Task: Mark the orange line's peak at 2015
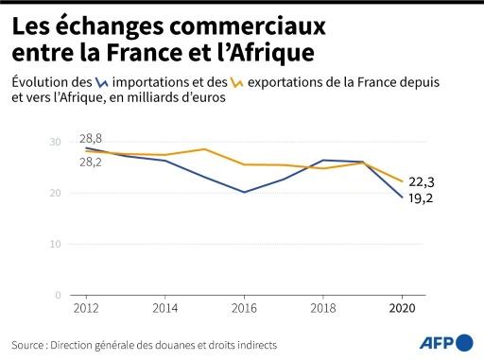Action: click(x=204, y=149)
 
